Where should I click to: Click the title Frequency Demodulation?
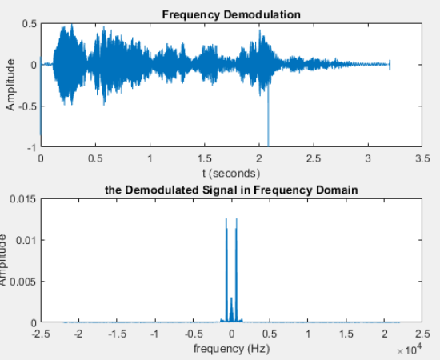click(231, 14)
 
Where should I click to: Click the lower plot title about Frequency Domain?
click(230, 190)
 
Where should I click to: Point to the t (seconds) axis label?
click(230, 172)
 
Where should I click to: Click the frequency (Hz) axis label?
click(230, 349)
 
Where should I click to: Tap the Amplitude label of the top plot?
click(11, 86)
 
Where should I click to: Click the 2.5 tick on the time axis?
click(314, 158)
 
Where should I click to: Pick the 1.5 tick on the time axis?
click(204, 158)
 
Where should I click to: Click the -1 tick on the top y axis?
click(30, 148)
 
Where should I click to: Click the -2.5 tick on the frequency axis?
click(42, 334)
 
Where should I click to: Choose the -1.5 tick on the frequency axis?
click(118, 334)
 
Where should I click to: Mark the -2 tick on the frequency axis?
click(78, 334)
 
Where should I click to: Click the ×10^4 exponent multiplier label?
click(408, 350)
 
